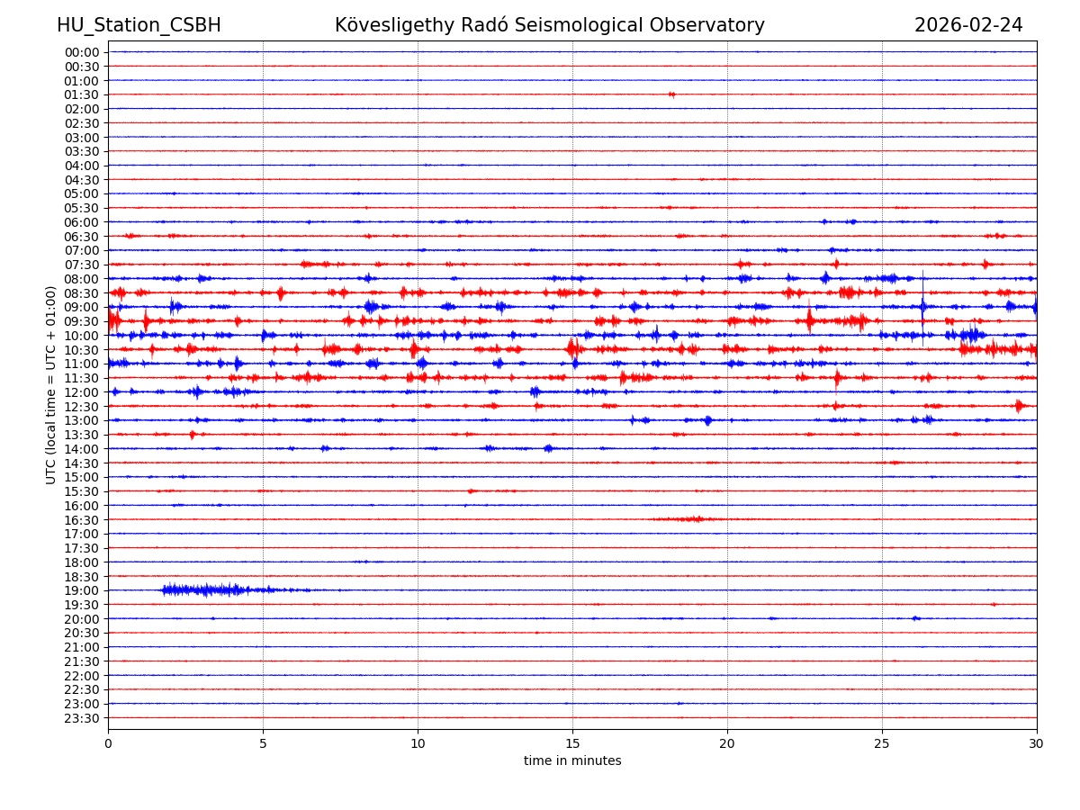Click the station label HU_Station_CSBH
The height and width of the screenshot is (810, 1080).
(x=139, y=26)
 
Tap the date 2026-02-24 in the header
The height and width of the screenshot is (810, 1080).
(x=968, y=26)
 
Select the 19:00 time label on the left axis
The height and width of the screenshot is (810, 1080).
(x=82, y=590)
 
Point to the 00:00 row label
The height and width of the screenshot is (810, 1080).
(x=82, y=52)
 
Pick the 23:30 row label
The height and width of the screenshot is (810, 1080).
(x=82, y=718)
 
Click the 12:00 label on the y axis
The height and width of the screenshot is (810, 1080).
(x=82, y=392)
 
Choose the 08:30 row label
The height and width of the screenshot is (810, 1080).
(x=82, y=293)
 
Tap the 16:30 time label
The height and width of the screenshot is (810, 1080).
(x=82, y=520)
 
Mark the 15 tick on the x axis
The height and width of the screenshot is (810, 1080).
(x=572, y=744)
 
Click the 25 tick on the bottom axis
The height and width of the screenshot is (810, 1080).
(x=882, y=744)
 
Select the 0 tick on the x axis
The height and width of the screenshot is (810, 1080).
(x=108, y=744)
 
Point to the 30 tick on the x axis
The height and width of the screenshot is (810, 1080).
(x=1037, y=744)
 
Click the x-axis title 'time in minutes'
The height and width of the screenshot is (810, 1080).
(x=572, y=761)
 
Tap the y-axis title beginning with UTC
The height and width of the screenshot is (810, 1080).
(x=51, y=384)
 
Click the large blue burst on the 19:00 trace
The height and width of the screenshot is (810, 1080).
(x=207, y=590)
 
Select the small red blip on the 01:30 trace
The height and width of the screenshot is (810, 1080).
(x=671, y=94)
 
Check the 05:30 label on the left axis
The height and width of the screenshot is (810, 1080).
(x=82, y=208)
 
